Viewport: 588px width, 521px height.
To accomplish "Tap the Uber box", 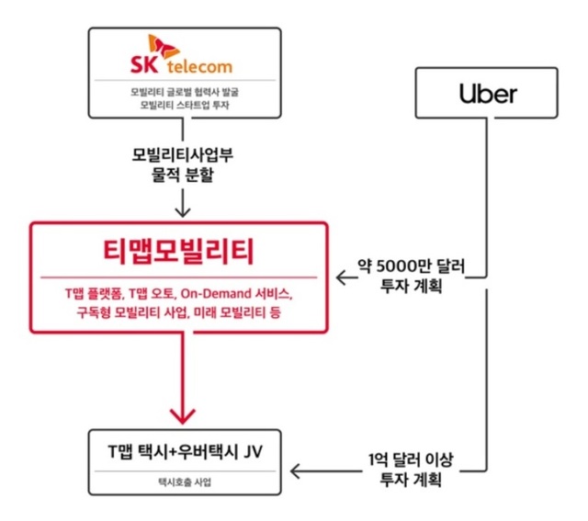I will [x=487, y=94].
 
